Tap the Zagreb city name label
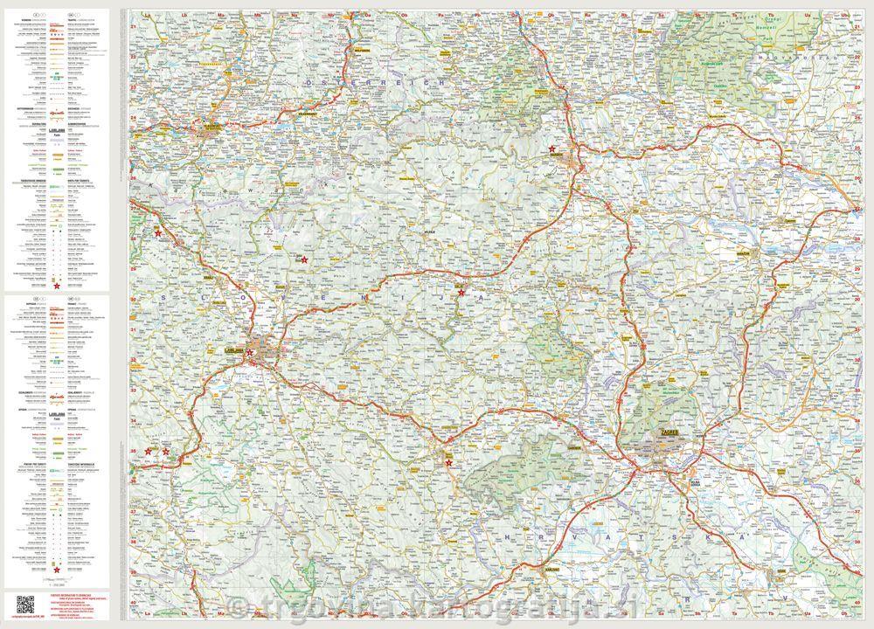tap(666, 432)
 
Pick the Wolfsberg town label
tap(363, 50)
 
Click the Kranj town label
tap(209, 277)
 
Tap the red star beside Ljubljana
tap(250, 353)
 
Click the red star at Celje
tap(461, 292)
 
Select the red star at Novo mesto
tap(449, 463)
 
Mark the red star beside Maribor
tap(552, 149)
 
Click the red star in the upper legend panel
tap(58, 286)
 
